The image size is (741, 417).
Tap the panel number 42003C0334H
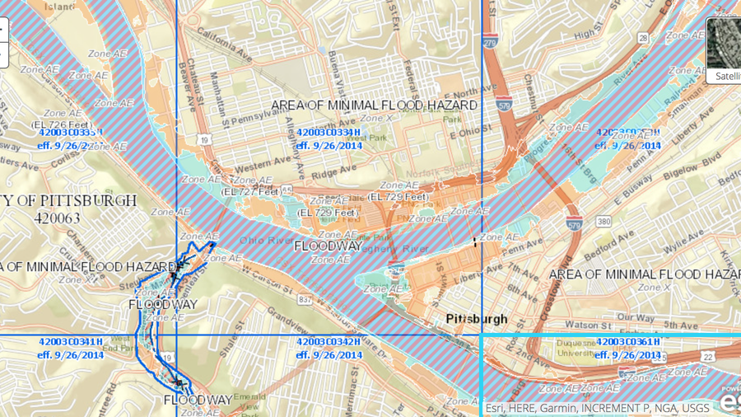click(x=329, y=133)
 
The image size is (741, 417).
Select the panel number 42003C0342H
click(x=329, y=342)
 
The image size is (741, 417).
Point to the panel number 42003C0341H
click(x=71, y=342)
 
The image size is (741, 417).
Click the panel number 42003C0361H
click(x=627, y=342)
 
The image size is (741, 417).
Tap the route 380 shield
click(x=604, y=222)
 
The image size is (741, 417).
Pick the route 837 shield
click(x=305, y=300)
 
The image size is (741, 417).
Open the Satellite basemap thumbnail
click(x=724, y=50)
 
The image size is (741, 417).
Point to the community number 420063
click(x=58, y=218)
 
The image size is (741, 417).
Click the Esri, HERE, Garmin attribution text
click(x=597, y=407)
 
